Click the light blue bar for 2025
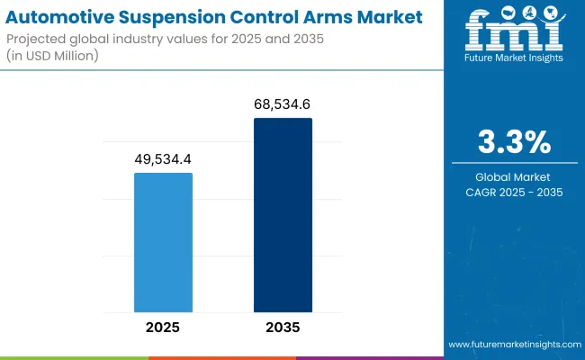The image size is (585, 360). coord(163,241)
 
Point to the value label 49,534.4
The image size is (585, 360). coord(163,159)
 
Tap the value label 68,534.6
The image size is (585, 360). coord(283,104)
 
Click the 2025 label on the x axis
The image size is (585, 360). coord(163,327)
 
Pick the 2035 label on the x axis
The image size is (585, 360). coord(283,327)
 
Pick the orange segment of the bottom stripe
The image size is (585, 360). coord(221,357)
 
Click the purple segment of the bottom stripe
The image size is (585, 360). coord(369,357)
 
